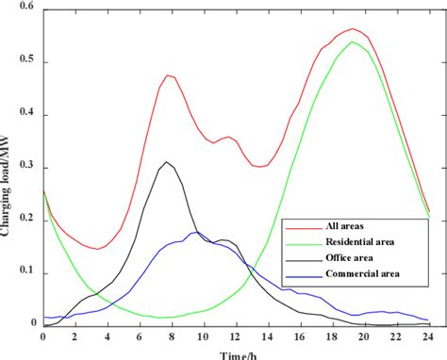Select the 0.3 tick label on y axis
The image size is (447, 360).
(27, 168)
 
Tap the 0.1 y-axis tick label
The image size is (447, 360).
(27, 274)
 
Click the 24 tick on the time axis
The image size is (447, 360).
(428, 335)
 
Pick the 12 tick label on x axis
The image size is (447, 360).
(236, 335)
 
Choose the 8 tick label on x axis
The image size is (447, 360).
(171, 335)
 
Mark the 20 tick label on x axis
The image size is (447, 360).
(364, 335)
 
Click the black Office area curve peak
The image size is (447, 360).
(167, 162)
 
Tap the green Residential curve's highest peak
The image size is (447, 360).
(352, 41)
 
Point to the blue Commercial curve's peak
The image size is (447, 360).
(195, 232)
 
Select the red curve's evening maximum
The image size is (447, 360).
(352, 28)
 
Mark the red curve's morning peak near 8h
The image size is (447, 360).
(168, 74)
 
